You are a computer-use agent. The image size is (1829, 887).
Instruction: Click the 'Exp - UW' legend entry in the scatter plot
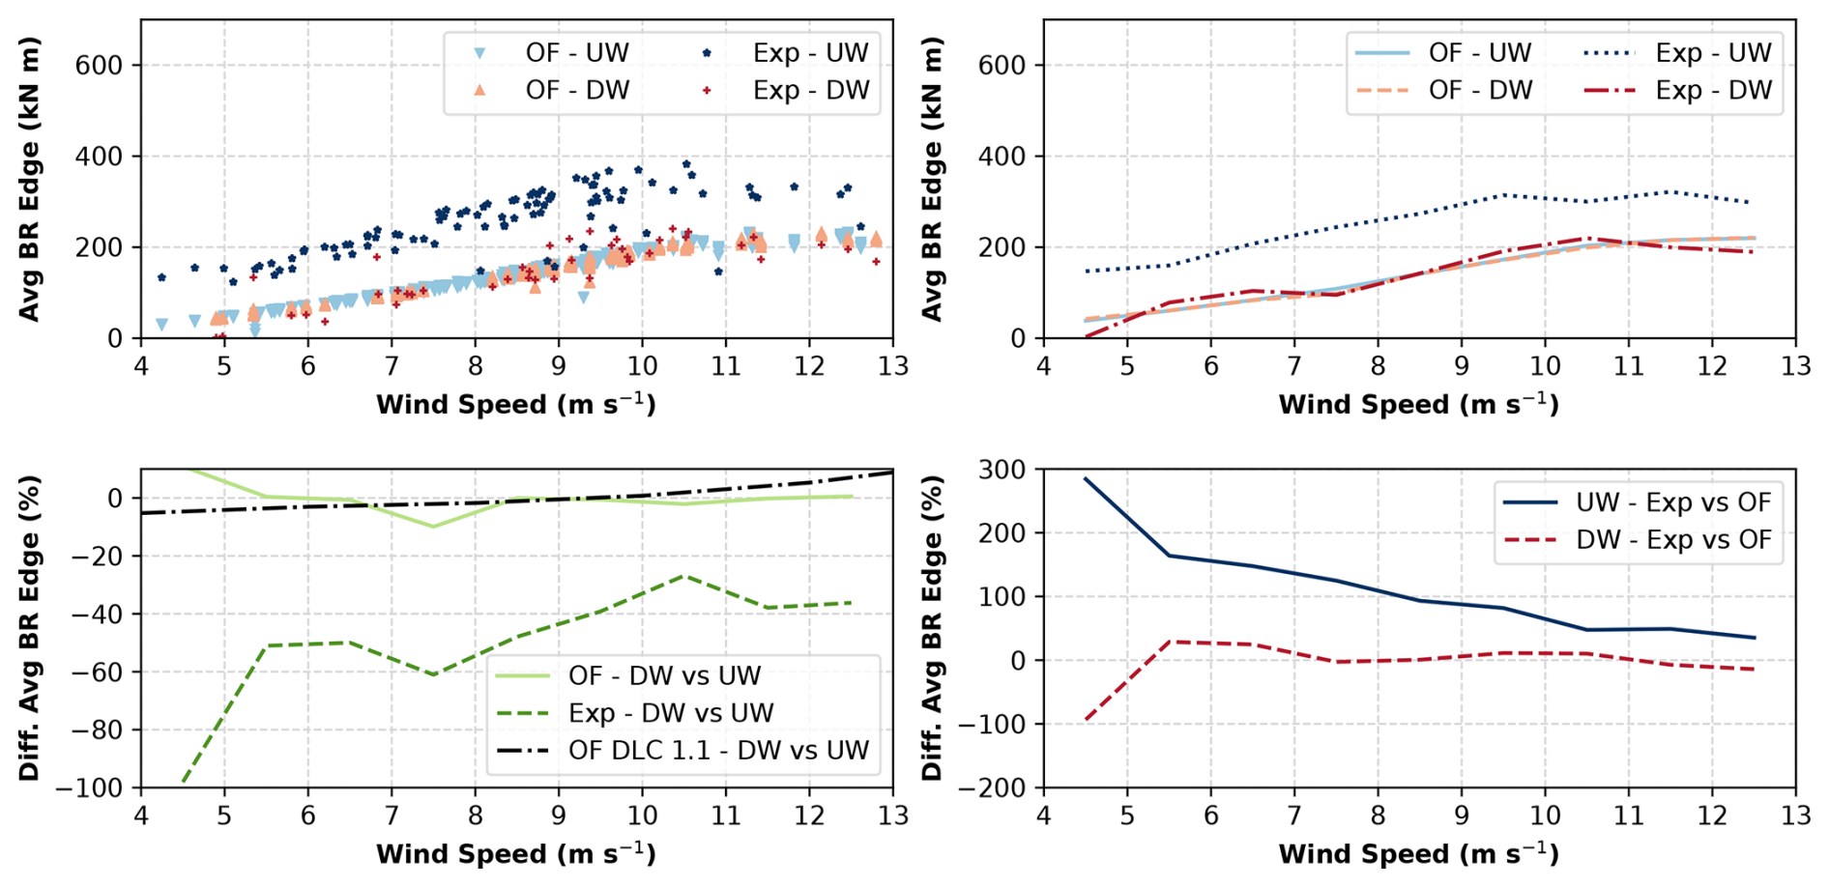point(810,52)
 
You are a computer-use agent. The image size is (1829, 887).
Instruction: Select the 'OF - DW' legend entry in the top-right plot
point(1480,90)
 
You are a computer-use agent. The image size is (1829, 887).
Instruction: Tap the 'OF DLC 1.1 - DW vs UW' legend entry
point(718,750)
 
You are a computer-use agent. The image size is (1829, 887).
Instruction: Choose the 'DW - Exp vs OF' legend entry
point(1672,539)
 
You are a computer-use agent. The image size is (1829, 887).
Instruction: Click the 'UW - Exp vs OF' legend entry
point(1672,502)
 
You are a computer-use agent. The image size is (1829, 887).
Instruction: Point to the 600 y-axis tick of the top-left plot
point(100,65)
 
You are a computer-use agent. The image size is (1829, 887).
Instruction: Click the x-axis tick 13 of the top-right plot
point(1795,366)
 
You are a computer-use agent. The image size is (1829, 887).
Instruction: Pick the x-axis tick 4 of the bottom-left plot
point(141,815)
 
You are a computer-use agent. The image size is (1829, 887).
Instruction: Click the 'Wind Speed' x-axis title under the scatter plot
point(515,404)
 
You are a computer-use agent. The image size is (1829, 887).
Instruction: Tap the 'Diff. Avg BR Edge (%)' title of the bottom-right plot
point(932,628)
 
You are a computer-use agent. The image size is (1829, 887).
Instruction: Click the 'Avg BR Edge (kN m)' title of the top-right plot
point(932,179)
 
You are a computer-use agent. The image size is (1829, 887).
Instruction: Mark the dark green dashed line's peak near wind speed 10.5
point(683,576)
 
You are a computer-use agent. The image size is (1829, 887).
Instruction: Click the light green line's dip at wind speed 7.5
point(433,527)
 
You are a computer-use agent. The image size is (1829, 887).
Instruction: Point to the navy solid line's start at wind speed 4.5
point(1086,478)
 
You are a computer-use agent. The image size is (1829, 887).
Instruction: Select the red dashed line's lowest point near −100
point(1086,720)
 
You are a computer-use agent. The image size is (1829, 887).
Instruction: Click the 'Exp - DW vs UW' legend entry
point(670,713)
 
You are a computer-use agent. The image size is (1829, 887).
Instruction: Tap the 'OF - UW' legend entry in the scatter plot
point(576,52)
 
